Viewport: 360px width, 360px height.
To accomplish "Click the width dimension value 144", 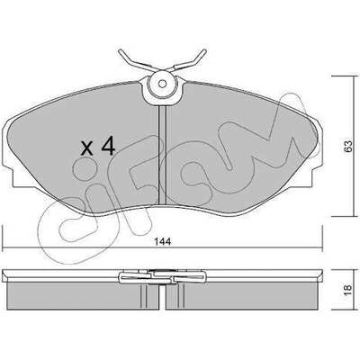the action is [x=163, y=241].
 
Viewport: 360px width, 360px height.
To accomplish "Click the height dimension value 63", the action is [x=347, y=146].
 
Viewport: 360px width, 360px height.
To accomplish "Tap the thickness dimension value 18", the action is [x=347, y=290].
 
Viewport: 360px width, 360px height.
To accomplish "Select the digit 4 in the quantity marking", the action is [x=108, y=146].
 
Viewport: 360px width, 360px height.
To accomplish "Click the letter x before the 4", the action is [x=87, y=148].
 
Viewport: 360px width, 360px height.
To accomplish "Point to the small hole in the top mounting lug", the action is [x=162, y=84].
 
